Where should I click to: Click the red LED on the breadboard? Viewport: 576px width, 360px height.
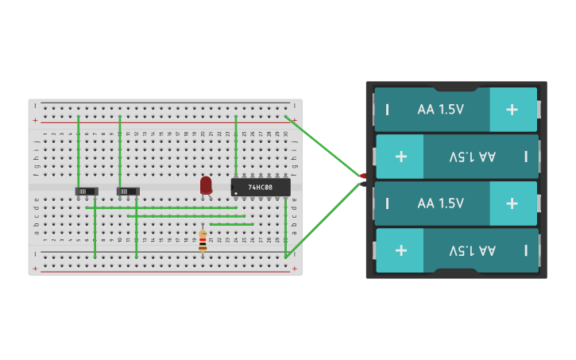point(206,184)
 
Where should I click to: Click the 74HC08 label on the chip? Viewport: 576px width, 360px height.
point(260,188)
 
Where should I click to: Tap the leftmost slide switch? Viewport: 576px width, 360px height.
point(87,191)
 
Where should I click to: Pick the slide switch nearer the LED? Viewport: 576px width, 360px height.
point(128,191)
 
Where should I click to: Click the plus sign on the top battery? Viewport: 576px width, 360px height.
point(512,110)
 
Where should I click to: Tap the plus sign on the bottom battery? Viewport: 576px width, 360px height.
point(400,250)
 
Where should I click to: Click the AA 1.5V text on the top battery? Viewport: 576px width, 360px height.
point(440,110)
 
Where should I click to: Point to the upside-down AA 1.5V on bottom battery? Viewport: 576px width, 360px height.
point(472,250)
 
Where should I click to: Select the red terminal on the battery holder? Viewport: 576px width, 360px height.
point(363,176)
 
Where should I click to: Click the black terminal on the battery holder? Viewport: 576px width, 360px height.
point(363,184)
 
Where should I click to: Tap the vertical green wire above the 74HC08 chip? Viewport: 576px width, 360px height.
point(236,147)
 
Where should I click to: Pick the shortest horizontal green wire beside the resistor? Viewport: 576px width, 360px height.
point(232,224)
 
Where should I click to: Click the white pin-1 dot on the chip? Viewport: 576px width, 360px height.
point(236,192)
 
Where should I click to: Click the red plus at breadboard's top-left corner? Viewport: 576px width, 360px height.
point(35,121)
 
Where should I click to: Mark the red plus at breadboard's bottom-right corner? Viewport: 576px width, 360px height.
point(295,269)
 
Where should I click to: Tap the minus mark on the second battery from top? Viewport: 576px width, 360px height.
point(526,157)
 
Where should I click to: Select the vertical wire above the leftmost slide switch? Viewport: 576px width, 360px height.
point(79,151)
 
